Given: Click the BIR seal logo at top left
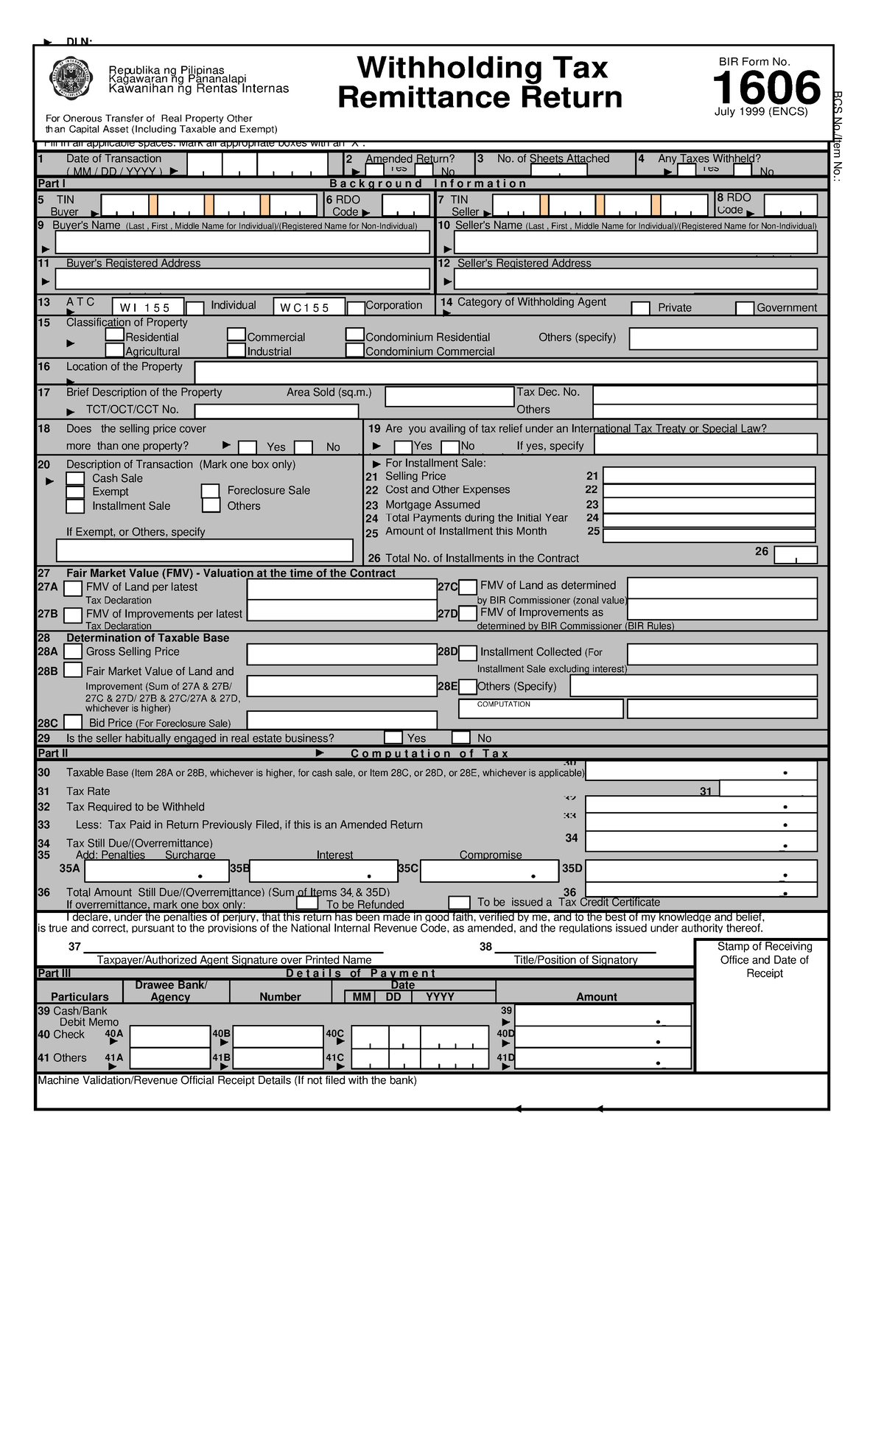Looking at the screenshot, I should (71, 79).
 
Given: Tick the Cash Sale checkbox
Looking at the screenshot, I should (75, 479).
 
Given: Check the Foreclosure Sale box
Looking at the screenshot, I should (211, 491).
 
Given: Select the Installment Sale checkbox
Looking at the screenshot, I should (75, 506).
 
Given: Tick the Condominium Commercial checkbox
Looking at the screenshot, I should (355, 351).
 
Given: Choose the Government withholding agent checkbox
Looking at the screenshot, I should (745, 308).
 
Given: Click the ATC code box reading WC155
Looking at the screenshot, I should (309, 307).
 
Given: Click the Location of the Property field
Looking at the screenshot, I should (505, 373).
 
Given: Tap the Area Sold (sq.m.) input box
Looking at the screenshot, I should (449, 397).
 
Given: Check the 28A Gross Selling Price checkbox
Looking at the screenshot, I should (73, 651).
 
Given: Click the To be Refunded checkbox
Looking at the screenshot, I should (307, 903).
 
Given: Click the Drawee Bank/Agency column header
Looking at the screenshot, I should (171, 991).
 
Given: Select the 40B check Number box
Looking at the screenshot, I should (278, 1037).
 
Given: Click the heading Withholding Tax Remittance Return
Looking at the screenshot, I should (480, 83).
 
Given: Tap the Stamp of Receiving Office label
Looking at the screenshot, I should (764, 959).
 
